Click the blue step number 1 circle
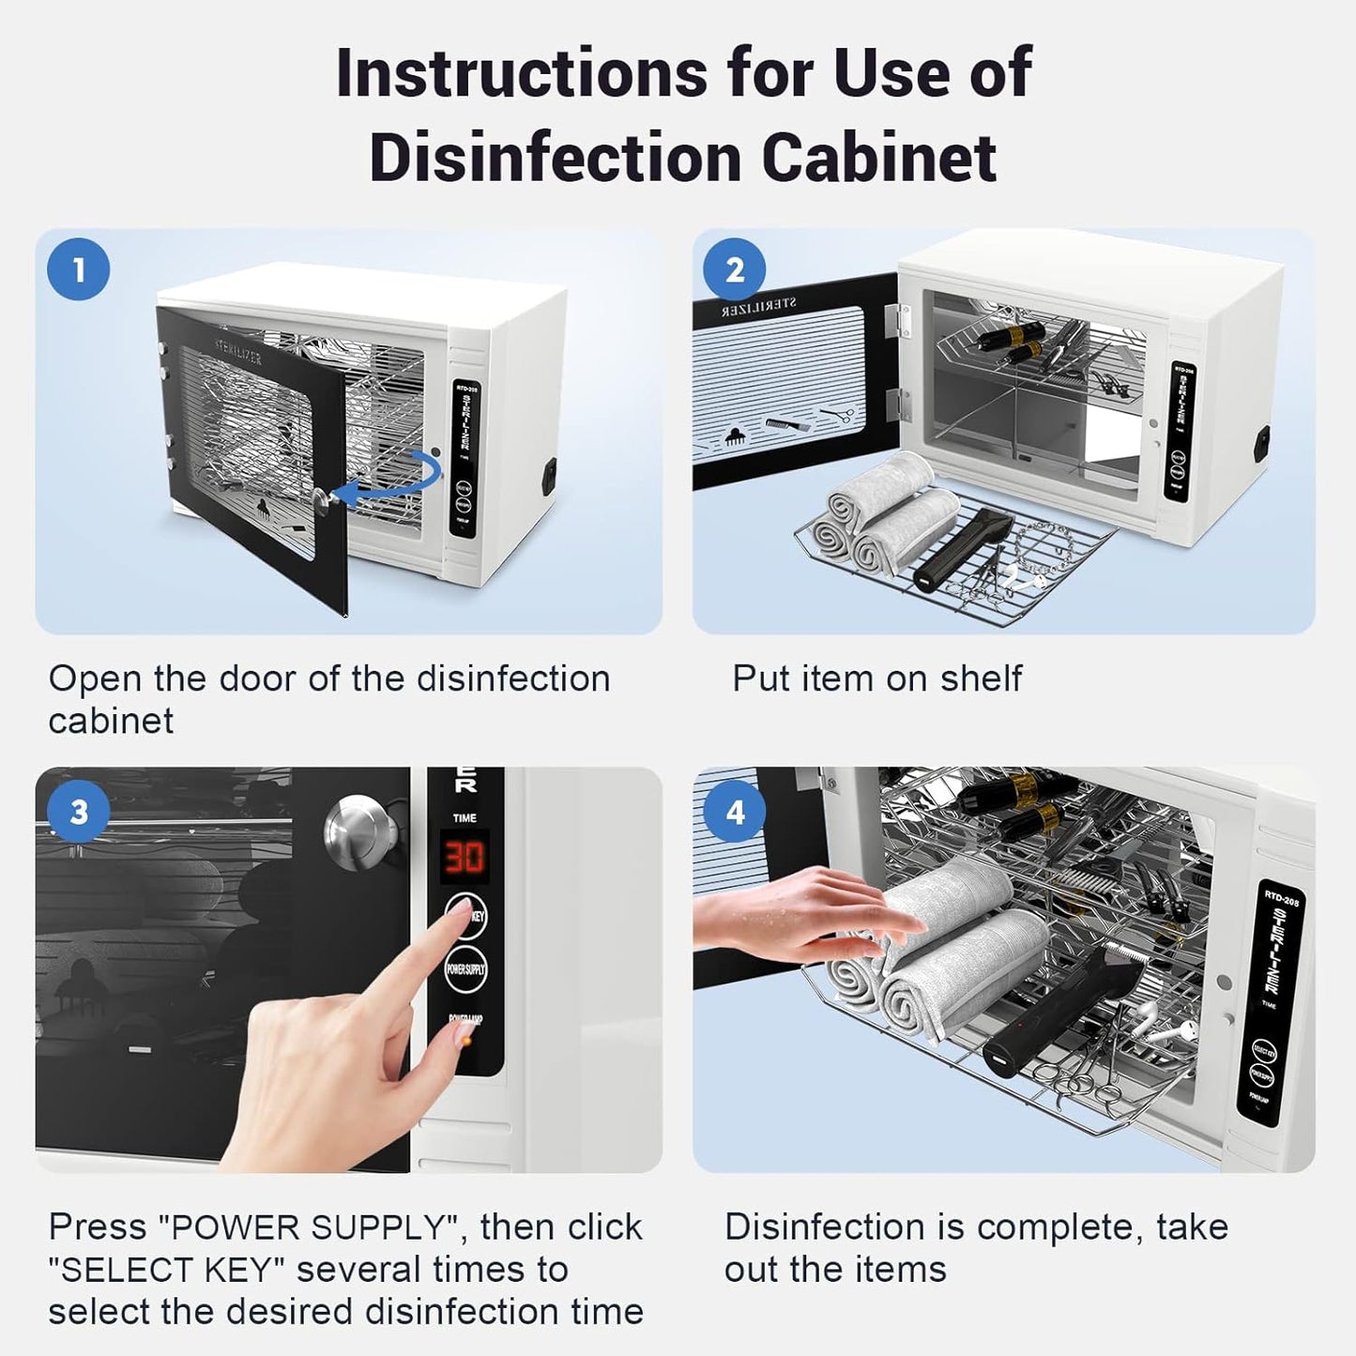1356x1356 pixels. [79, 269]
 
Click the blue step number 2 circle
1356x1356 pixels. [735, 269]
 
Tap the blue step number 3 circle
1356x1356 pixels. [79, 811]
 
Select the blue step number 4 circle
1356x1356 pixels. [735, 811]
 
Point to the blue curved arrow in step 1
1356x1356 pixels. [389, 480]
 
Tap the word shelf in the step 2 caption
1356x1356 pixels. [981, 678]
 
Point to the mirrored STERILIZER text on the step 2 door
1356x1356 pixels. [759, 307]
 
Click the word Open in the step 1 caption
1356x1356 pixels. [86, 678]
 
